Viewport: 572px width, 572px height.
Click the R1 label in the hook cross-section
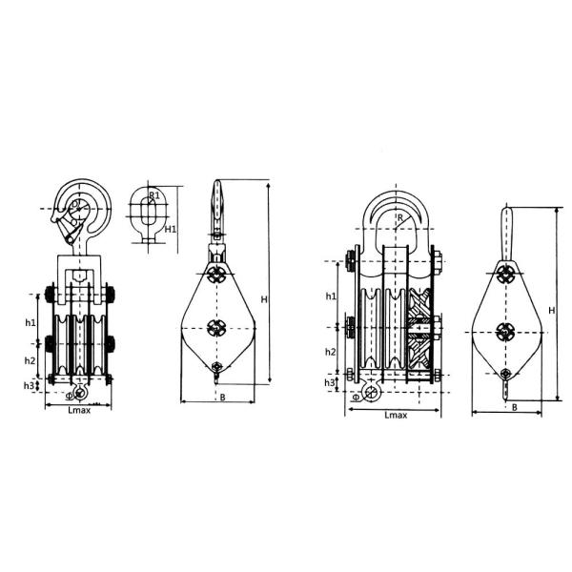(154, 195)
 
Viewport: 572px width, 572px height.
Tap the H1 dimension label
(171, 229)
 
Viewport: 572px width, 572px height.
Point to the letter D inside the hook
(74, 203)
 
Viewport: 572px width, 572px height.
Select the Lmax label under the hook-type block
(79, 410)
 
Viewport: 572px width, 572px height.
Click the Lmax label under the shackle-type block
(396, 415)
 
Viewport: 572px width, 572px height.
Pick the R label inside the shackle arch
(400, 217)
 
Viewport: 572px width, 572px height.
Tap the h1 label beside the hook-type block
(31, 322)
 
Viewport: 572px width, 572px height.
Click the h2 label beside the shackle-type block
(331, 352)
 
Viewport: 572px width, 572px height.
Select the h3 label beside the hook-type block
(29, 385)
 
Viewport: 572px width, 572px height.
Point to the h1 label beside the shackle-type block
(331, 296)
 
